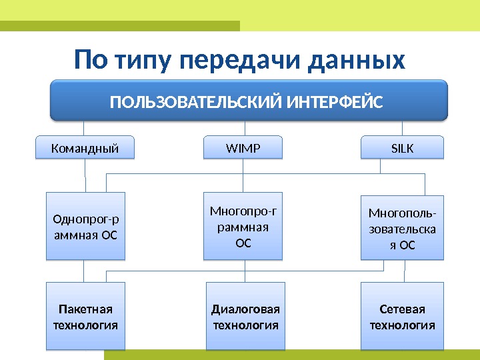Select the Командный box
coord(85,147)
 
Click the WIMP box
coord(243,147)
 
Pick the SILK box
coord(402,147)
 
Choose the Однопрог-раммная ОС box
coord(85,225)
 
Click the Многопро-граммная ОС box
coord(243,225)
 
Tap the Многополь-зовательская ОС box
coord(402,227)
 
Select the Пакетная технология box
coord(85,316)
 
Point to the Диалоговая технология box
coord(245,316)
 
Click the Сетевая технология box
coord(402,316)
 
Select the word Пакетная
coord(85,309)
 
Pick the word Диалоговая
coord(245,309)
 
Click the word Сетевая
coord(402,309)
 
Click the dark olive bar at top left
coord(120,26)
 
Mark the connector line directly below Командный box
coord(85,175)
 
